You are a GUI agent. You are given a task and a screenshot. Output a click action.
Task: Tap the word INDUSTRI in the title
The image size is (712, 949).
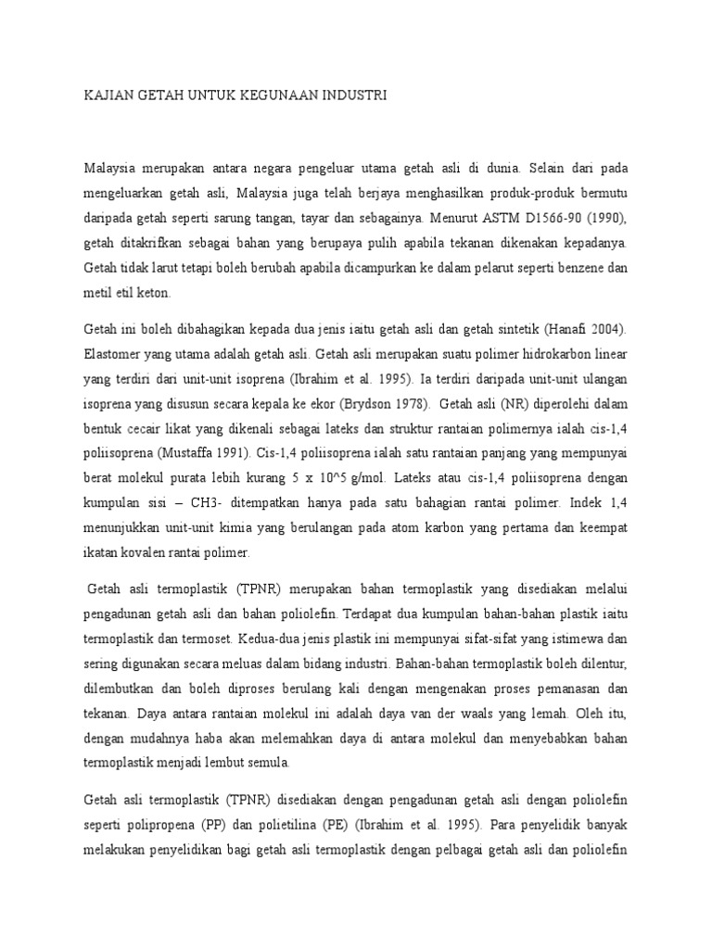pos(354,95)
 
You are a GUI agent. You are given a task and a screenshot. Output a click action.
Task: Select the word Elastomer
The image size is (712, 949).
pos(115,353)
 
